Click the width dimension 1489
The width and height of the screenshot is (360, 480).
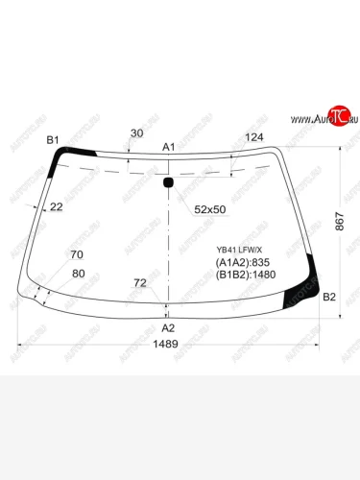(168, 345)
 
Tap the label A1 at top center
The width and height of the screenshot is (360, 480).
(168, 147)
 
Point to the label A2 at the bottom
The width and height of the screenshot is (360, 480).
(168, 325)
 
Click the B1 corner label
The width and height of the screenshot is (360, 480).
(54, 141)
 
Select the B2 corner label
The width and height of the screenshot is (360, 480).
(329, 297)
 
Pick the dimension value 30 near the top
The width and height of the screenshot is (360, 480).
(135, 133)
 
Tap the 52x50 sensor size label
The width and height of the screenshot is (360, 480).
(209, 208)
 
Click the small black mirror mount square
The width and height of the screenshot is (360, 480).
(169, 182)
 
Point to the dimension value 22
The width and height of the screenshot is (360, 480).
(57, 206)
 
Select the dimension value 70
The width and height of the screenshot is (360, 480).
(77, 254)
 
